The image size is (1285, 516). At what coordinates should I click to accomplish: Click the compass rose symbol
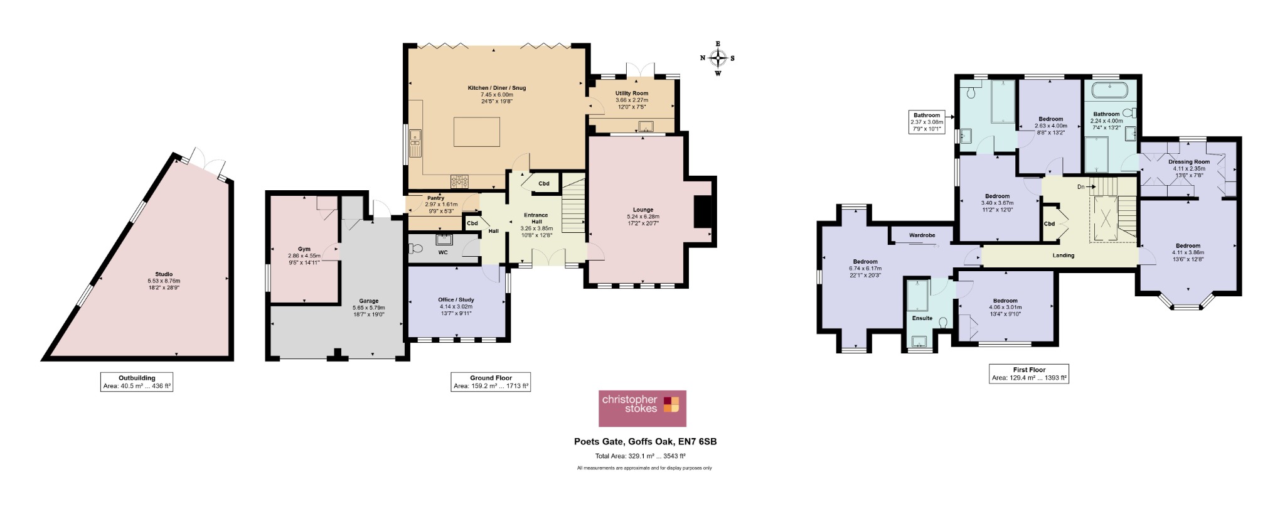click(x=718, y=58)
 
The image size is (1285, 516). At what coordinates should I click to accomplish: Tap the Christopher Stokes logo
click(x=642, y=409)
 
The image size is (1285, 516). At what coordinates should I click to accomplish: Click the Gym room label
click(x=304, y=249)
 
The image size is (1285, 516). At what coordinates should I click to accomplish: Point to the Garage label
click(x=368, y=301)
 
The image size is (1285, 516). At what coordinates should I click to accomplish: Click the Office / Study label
click(x=456, y=299)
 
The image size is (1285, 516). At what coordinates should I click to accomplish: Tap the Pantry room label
click(x=435, y=198)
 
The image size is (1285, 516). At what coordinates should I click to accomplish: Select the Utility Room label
click(x=632, y=93)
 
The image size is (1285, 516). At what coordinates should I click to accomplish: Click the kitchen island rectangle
click(x=477, y=132)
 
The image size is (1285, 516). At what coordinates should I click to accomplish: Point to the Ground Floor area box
click(x=491, y=382)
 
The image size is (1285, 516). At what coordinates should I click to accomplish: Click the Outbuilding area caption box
click(x=137, y=382)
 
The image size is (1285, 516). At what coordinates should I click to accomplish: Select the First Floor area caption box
click(x=1029, y=374)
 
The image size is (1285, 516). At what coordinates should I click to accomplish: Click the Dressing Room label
click(x=1189, y=162)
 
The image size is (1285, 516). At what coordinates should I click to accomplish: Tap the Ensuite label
click(x=922, y=318)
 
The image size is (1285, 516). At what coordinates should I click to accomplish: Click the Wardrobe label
click(x=922, y=235)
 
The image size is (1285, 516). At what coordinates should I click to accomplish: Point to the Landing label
click(x=1064, y=255)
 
